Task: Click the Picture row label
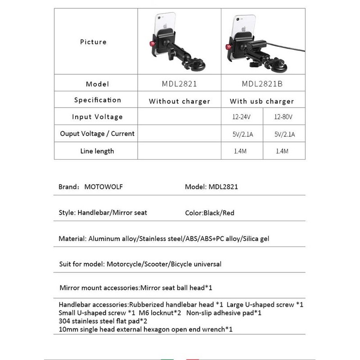coord(93,42)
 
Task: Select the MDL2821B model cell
coord(262,84)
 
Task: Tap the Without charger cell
coord(179,101)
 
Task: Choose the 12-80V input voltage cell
coord(283,117)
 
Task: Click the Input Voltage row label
coord(97,117)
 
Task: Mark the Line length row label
coord(97,151)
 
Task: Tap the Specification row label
coord(98,100)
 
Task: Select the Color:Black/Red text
coord(210,213)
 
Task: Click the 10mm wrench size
coord(66,329)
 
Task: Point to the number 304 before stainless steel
coord(64,321)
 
